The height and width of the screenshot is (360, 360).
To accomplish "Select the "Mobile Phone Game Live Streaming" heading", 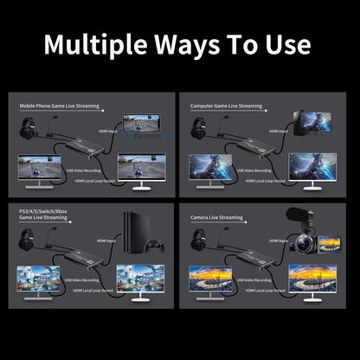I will [x=59, y=106].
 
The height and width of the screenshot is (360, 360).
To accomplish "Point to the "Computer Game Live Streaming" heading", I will [x=227, y=106].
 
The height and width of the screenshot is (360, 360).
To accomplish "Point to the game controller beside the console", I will [x=156, y=245].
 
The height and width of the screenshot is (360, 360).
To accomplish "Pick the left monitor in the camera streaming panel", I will [x=211, y=279].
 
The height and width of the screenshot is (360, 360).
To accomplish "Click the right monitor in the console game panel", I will [x=140, y=278].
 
